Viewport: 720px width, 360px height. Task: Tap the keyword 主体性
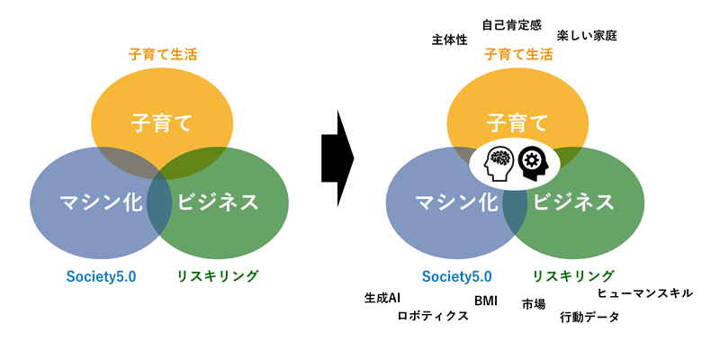(x=450, y=40)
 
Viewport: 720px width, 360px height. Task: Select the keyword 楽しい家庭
(x=587, y=36)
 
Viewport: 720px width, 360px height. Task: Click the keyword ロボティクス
(x=433, y=316)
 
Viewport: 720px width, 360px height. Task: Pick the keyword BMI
(x=485, y=301)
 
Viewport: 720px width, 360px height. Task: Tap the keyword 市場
(x=534, y=304)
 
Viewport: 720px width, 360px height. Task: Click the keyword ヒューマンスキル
(x=645, y=292)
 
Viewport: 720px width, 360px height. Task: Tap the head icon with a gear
(x=533, y=162)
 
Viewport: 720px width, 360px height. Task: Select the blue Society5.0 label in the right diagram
(x=457, y=276)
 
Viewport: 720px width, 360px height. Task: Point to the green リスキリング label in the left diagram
(x=217, y=276)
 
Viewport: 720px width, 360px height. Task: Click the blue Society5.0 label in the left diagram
(x=101, y=276)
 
